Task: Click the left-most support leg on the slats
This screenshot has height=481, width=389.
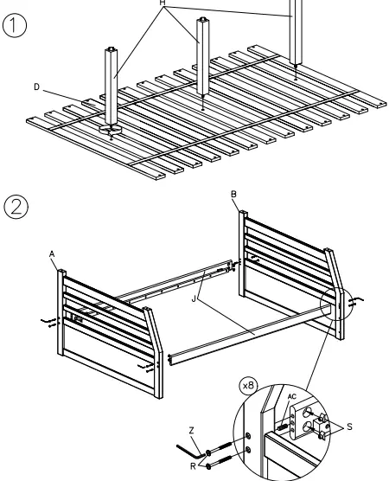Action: pos(110,87)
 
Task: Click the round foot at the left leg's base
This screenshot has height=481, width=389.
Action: pos(111,131)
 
